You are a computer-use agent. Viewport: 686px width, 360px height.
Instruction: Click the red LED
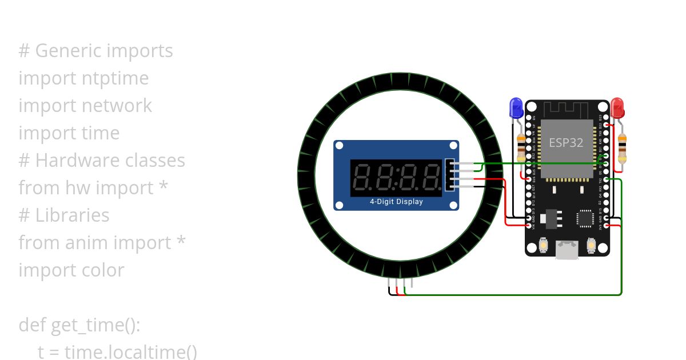click(617, 107)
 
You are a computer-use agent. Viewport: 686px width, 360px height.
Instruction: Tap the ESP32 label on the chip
click(566, 142)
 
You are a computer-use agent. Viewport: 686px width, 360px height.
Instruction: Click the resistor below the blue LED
click(521, 147)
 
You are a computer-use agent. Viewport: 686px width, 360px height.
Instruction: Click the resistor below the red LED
click(622, 147)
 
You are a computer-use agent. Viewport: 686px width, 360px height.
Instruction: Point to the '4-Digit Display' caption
click(396, 202)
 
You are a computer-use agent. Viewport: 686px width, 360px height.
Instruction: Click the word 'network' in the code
click(117, 106)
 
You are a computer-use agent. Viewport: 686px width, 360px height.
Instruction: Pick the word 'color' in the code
click(102, 270)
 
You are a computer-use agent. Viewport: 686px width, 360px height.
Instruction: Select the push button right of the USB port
click(592, 246)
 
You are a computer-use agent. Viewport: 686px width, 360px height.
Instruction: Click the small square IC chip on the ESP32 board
click(586, 217)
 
